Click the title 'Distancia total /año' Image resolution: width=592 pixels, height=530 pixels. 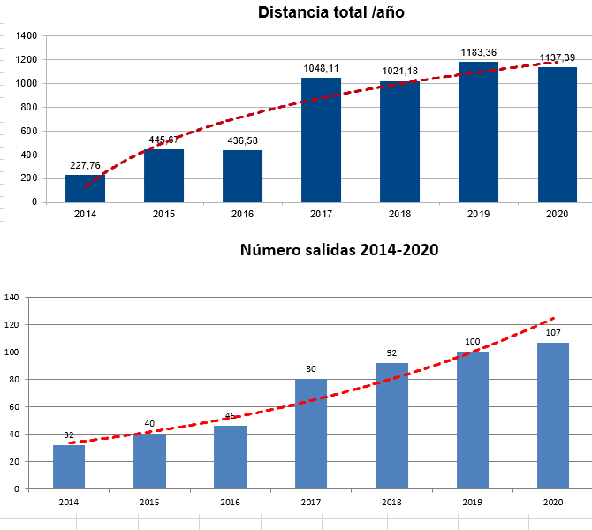[x=330, y=13]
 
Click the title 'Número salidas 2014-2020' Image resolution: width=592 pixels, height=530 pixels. [x=339, y=250]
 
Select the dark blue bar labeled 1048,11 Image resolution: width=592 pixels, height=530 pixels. [x=321, y=140]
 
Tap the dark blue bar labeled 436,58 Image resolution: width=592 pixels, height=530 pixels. [x=242, y=176]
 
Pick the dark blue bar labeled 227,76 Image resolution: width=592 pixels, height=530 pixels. [x=85, y=188]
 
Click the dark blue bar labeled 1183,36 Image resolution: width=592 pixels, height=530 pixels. [x=478, y=132]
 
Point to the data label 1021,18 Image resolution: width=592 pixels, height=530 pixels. [x=399, y=72]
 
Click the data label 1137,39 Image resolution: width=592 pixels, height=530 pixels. [x=558, y=57]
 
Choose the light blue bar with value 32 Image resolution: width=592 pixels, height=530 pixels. [x=69, y=466]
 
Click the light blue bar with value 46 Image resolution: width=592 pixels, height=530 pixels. [x=230, y=457]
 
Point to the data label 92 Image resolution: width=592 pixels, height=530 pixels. [x=391, y=353]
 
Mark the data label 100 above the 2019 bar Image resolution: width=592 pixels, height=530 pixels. [x=473, y=342]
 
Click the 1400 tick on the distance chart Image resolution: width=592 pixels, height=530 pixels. [x=27, y=36]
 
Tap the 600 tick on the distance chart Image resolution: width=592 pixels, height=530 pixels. [x=29, y=131]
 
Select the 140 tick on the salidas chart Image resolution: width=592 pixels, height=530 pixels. [x=11, y=298]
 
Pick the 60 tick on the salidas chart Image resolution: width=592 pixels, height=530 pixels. [x=14, y=406]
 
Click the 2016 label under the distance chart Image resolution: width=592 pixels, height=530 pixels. [x=242, y=214]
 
